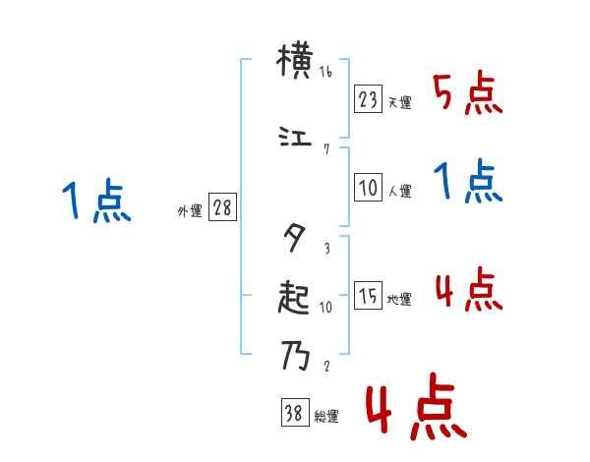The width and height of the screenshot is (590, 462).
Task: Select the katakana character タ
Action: [294, 236]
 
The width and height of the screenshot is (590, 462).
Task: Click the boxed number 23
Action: [369, 99]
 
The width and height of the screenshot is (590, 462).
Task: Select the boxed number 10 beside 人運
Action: [369, 190]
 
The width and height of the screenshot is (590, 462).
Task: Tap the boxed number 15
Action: [369, 297]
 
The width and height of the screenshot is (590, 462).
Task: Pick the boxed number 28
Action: [222, 207]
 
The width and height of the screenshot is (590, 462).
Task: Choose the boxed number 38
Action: [294, 414]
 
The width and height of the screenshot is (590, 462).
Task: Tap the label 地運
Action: [399, 300]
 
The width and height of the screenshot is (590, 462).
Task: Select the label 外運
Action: [190, 210]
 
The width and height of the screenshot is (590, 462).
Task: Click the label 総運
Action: [325, 417]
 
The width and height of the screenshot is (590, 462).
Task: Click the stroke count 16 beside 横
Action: [326, 73]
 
